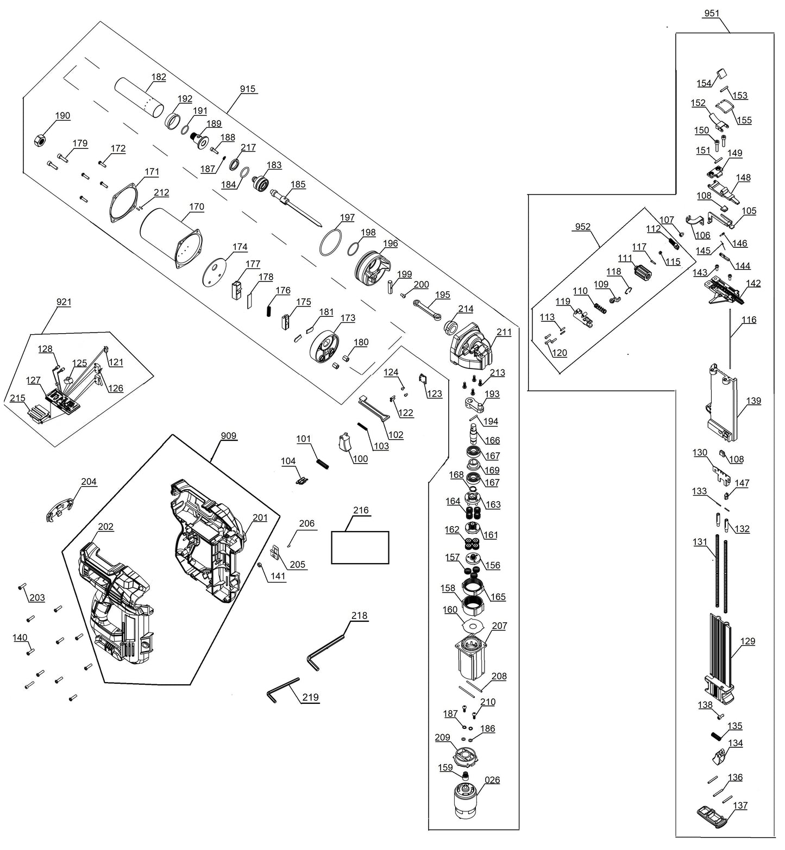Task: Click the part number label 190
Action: (x=62, y=116)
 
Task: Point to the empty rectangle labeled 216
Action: (x=360, y=547)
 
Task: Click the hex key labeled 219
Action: (x=282, y=689)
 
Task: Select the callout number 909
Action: (x=229, y=436)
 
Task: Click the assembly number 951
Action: (x=711, y=14)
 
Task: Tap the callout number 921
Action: (x=64, y=302)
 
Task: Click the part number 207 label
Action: (x=499, y=626)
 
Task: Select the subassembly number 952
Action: (x=582, y=227)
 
